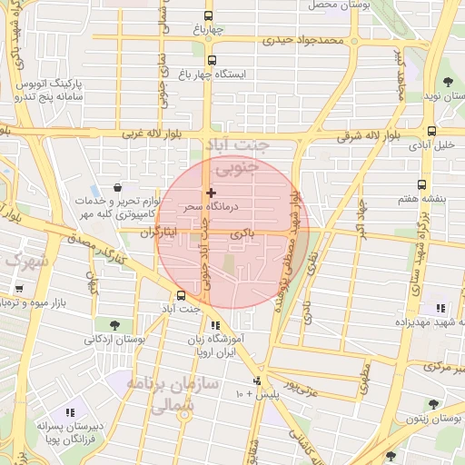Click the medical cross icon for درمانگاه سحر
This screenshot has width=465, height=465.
click(211, 193)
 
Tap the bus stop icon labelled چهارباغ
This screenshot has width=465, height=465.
click(209, 15)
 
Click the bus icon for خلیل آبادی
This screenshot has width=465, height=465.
click(431, 131)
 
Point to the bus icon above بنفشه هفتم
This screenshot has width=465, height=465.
click(421, 184)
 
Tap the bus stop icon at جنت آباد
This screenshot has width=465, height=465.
click(181, 294)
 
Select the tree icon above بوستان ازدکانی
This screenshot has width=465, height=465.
click(114, 324)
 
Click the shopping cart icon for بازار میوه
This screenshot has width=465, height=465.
click(19, 288)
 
